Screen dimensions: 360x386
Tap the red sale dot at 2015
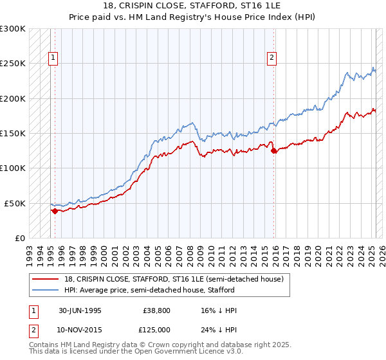coord(275,151)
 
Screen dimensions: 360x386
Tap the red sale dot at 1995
coord(55,211)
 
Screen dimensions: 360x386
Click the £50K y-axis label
coord(15,203)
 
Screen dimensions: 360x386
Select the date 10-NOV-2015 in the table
coord(80,329)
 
